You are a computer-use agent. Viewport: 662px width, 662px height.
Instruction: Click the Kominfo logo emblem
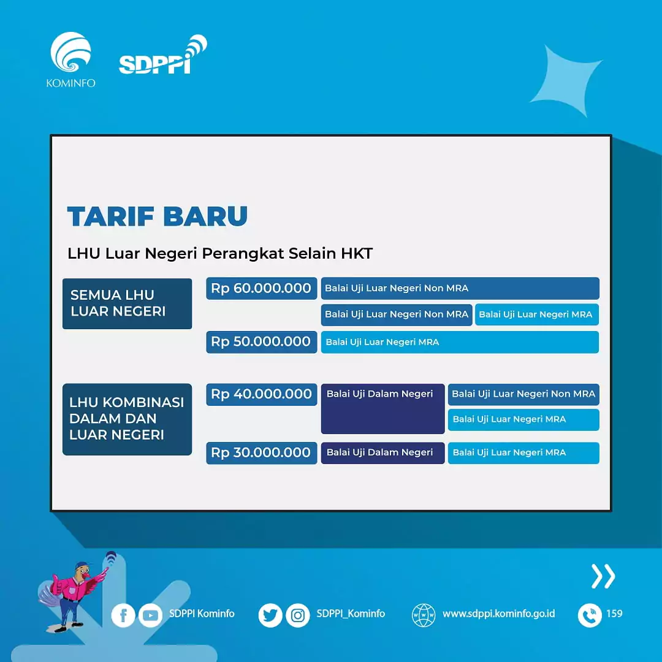70,54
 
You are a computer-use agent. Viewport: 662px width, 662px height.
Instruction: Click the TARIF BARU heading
158,216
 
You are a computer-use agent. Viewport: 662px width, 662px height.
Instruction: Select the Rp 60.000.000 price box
261,288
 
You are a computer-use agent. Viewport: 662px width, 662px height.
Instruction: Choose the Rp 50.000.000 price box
261,342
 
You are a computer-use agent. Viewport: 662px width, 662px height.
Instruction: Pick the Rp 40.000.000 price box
261,395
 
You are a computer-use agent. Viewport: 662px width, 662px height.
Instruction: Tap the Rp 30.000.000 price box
261,453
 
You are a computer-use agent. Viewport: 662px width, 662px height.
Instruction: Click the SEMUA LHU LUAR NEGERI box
127,303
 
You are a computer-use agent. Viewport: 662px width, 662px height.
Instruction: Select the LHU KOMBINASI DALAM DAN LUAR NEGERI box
127,419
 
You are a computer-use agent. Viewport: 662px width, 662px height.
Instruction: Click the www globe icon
424,615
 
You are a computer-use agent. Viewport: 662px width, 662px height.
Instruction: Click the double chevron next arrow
603,576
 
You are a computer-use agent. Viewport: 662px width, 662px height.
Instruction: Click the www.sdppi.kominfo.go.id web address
498,614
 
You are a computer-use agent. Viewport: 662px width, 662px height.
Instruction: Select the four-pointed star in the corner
565,79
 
